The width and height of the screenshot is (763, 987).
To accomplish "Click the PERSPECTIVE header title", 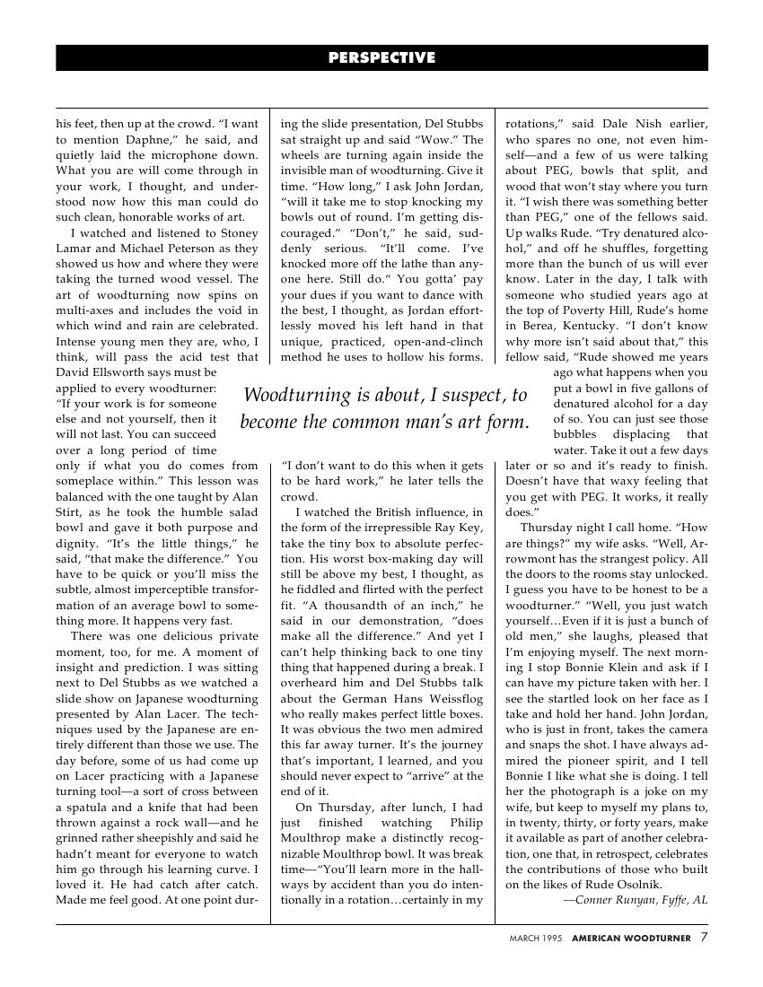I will coord(381,58).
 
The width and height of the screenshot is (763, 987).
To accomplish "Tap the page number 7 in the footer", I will coord(705,938).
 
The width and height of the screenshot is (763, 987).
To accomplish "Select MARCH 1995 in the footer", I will coord(536,939).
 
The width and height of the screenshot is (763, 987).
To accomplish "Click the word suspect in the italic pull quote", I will coord(471,395).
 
